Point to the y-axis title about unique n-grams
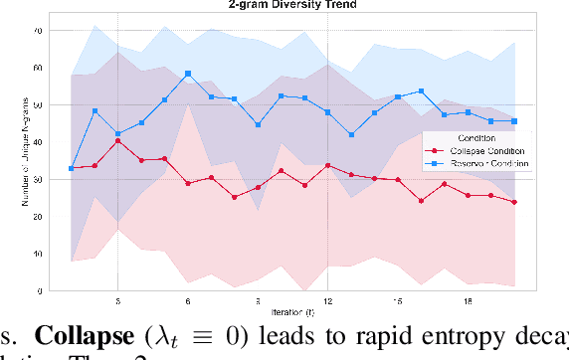(x=13, y=159)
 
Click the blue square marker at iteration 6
(x=188, y=75)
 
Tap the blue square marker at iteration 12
(x=327, y=112)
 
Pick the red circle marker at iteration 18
(x=468, y=196)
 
